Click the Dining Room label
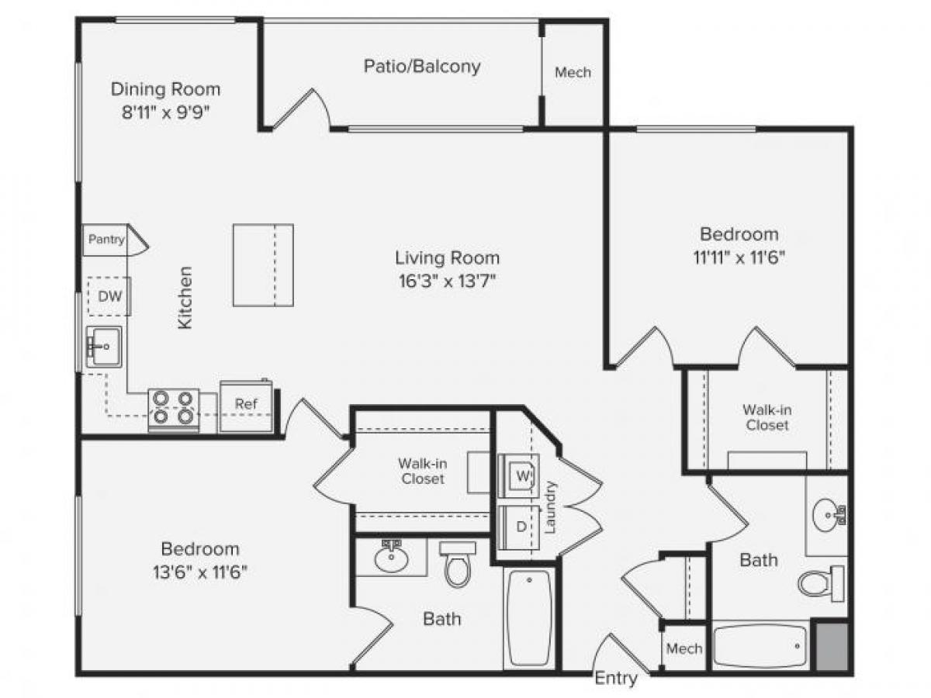click(x=165, y=88)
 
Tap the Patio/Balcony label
click(x=422, y=67)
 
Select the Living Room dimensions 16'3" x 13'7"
click(x=447, y=280)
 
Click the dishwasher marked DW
click(x=108, y=296)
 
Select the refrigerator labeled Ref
click(x=245, y=404)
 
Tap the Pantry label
click(x=106, y=239)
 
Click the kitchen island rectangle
click(x=263, y=265)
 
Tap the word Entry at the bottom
click(x=616, y=679)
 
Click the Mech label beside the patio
click(x=573, y=73)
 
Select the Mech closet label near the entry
click(x=684, y=648)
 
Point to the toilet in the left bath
click(x=457, y=565)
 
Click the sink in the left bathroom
click(x=391, y=558)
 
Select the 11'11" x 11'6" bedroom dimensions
click(x=739, y=257)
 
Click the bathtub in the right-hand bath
click(x=760, y=645)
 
